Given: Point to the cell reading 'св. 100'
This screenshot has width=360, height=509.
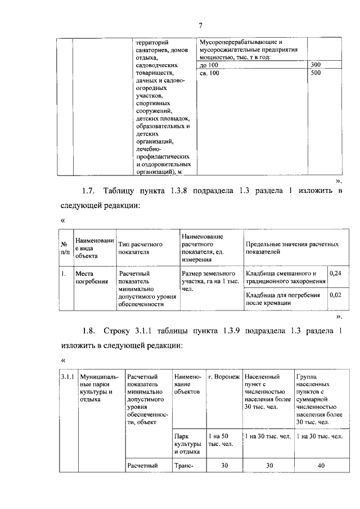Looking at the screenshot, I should (x=210, y=73).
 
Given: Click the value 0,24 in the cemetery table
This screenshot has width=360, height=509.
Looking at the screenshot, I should (x=335, y=273).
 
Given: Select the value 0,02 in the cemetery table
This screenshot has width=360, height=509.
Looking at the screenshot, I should (x=335, y=294).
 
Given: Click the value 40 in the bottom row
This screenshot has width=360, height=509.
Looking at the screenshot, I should (x=321, y=466).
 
